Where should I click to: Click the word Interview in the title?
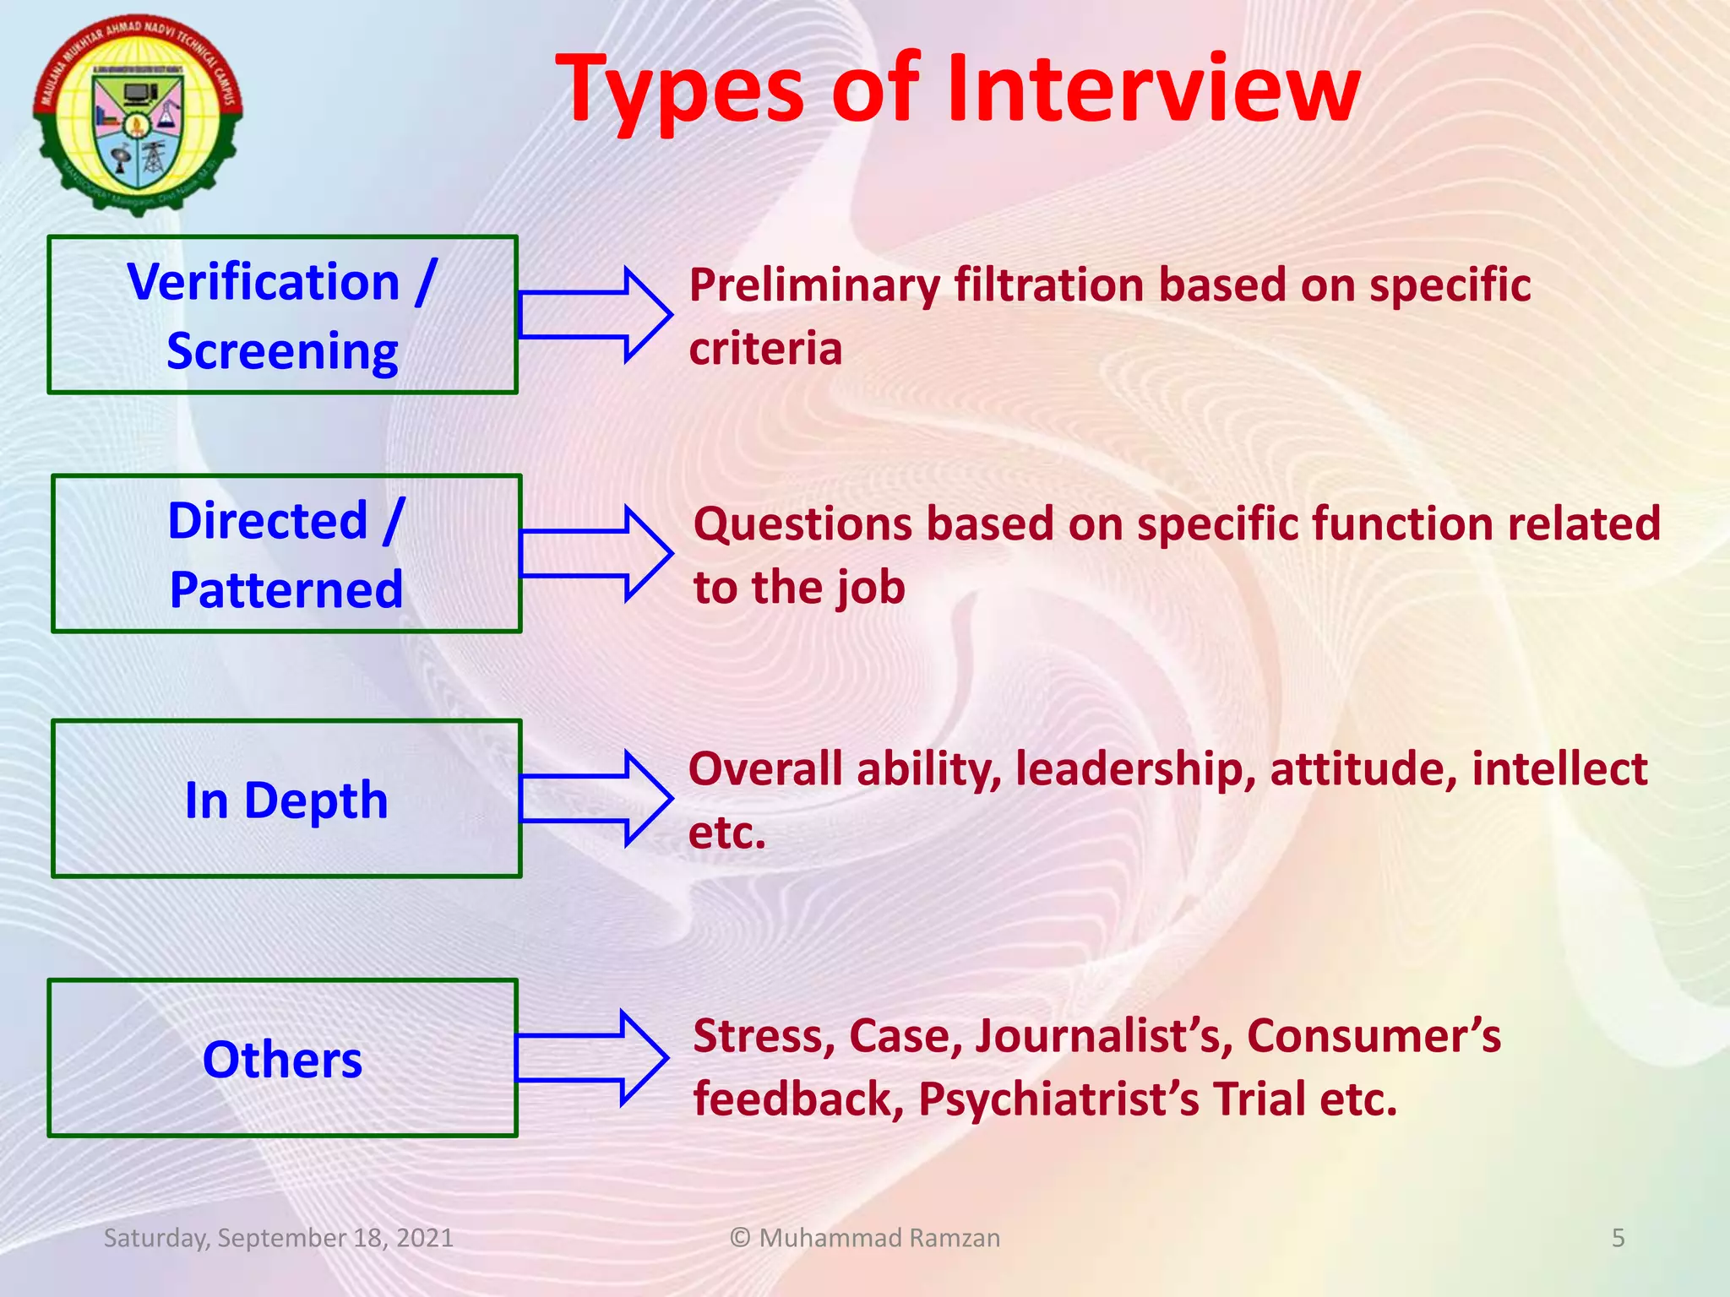click(1152, 89)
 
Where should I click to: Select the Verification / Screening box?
click(282, 315)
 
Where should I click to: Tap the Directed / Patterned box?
click(286, 554)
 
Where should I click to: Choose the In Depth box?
click(286, 799)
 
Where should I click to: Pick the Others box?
click(282, 1058)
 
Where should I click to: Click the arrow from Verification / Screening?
click(595, 315)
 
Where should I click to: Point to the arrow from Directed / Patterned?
click(596, 554)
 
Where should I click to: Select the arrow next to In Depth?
click(596, 798)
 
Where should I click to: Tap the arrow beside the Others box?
click(592, 1057)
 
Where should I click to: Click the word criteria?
click(765, 349)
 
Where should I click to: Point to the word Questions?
click(802, 524)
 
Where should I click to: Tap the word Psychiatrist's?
click(1058, 1099)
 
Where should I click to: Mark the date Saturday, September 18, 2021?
click(278, 1238)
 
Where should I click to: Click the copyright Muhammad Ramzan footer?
click(864, 1238)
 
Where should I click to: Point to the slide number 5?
click(1618, 1238)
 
